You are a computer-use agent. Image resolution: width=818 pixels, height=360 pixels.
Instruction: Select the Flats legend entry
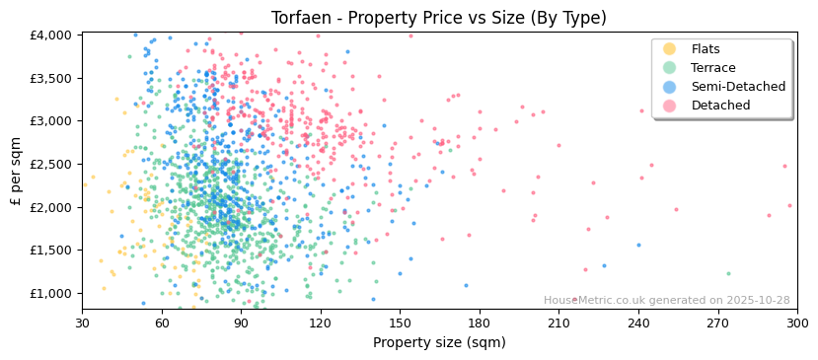[x=706, y=49]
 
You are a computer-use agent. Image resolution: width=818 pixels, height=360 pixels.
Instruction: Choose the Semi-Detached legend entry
[x=738, y=87]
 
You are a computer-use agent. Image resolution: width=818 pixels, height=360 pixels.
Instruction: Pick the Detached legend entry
[x=720, y=106]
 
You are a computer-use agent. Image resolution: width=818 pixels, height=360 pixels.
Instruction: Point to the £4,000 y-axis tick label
[x=51, y=36]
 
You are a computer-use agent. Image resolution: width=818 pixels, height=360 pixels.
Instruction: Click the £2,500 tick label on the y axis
[x=51, y=165]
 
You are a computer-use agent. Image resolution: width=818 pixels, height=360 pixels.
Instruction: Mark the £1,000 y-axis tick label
[x=51, y=294]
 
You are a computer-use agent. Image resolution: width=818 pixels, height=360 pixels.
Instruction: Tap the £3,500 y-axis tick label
[x=51, y=79]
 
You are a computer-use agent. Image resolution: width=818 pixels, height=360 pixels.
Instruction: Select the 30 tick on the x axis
[x=82, y=324]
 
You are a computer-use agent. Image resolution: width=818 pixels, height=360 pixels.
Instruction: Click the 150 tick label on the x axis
[x=400, y=324]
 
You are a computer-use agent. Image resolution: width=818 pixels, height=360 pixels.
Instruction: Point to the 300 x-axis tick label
[x=796, y=324]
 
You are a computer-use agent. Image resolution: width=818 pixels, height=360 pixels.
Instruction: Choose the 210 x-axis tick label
[x=558, y=324]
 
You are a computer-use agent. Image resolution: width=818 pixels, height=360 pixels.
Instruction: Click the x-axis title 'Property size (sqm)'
[x=439, y=342]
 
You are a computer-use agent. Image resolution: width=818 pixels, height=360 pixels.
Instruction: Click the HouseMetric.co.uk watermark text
[x=666, y=301]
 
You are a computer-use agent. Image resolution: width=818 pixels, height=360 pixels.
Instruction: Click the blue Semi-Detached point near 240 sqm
[x=638, y=245]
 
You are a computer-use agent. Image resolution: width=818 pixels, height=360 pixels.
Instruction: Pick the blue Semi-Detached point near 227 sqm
[x=605, y=265]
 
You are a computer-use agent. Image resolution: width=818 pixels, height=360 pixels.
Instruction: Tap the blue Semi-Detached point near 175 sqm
[x=467, y=286]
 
